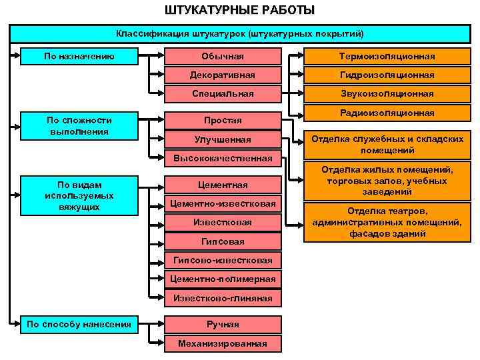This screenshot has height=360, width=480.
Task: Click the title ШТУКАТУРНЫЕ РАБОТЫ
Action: click(x=240, y=10)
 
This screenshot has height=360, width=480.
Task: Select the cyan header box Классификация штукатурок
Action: click(x=240, y=33)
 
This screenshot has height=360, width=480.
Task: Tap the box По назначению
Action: click(x=79, y=56)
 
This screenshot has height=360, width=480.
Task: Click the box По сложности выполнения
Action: click(x=79, y=125)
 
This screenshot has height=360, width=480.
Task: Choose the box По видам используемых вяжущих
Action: click(x=79, y=195)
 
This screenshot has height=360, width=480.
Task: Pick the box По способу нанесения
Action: click(x=79, y=325)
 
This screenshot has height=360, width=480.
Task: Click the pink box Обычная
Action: click(x=223, y=56)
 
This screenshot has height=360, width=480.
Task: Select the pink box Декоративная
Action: click(x=223, y=75)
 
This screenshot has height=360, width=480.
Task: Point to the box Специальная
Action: click(x=223, y=93)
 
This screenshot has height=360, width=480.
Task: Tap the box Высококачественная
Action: click(x=223, y=158)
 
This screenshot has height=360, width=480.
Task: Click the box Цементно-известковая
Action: click(x=223, y=203)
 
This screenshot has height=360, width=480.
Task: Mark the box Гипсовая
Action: click(x=223, y=241)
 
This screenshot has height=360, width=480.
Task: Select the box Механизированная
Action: click(x=223, y=343)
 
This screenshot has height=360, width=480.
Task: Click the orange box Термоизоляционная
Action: click(x=387, y=56)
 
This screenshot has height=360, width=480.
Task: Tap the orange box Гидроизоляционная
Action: click(x=387, y=75)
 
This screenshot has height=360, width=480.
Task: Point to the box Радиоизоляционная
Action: click(x=387, y=113)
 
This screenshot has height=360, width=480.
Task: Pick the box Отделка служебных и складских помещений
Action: click(x=387, y=144)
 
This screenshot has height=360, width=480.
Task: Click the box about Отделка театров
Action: click(x=387, y=222)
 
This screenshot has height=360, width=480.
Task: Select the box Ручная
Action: click(x=223, y=325)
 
